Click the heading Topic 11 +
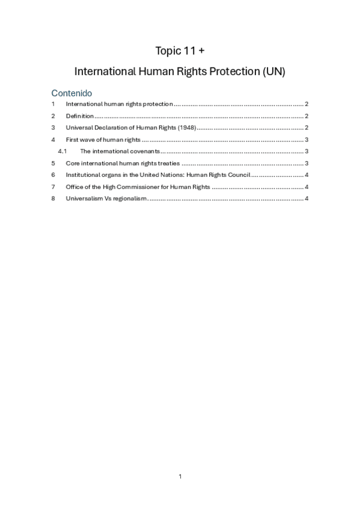180,50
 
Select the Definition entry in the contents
79,116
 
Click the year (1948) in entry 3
187,127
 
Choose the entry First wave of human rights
103,140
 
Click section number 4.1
61,151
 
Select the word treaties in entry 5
168,163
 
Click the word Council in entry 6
236,175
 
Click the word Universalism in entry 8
85,198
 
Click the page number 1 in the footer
180,476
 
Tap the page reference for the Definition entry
307,116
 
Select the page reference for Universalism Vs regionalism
307,198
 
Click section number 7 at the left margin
53,186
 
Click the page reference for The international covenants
307,151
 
